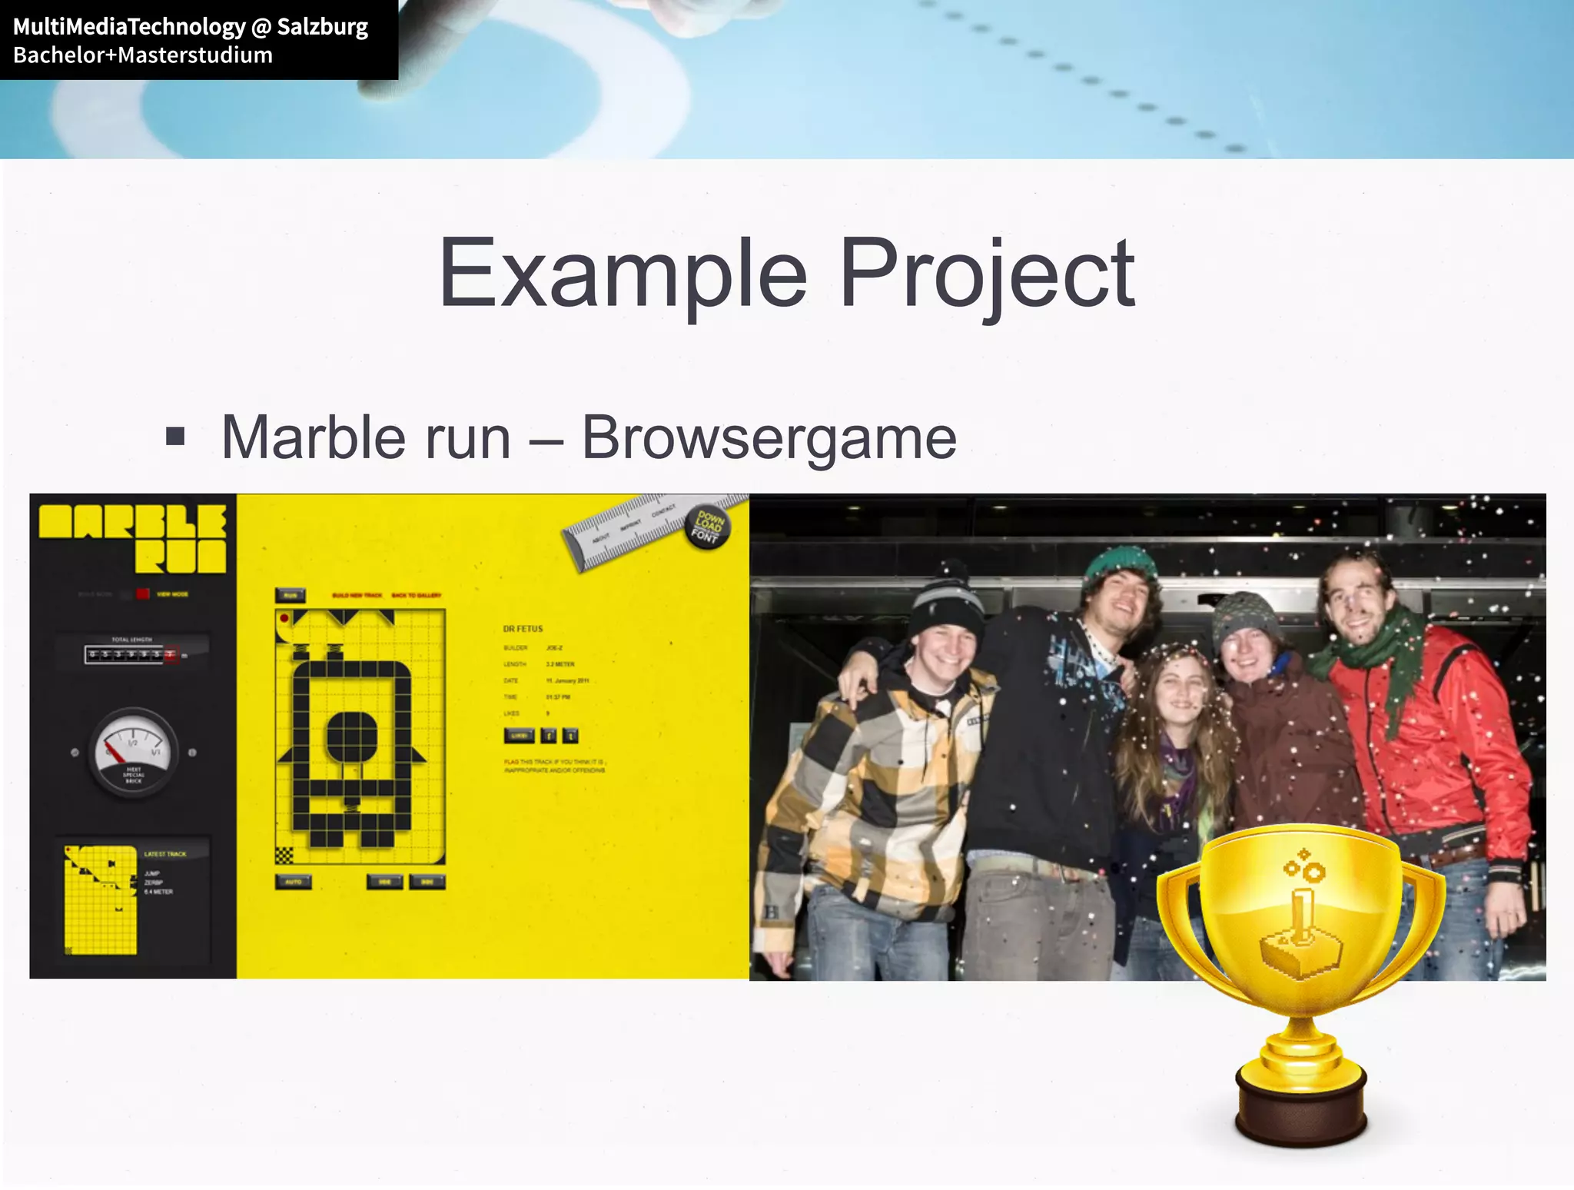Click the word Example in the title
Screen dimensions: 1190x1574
click(623, 274)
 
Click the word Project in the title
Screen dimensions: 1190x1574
click(987, 274)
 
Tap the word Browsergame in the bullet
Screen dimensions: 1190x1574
click(769, 438)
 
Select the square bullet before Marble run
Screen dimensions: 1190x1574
click(176, 437)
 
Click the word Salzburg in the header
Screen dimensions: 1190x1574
click(322, 27)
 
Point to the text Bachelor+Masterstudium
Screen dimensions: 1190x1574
click(143, 55)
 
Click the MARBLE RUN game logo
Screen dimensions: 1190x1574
click(133, 538)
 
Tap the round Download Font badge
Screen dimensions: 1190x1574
click(707, 527)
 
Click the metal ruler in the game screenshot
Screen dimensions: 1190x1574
click(630, 530)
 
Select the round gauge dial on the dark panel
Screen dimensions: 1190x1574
click(133, 752)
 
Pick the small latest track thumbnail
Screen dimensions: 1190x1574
click(101, 899)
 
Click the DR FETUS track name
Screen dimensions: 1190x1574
click(523, 629)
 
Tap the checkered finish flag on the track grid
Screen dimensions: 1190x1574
click(284, 855)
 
